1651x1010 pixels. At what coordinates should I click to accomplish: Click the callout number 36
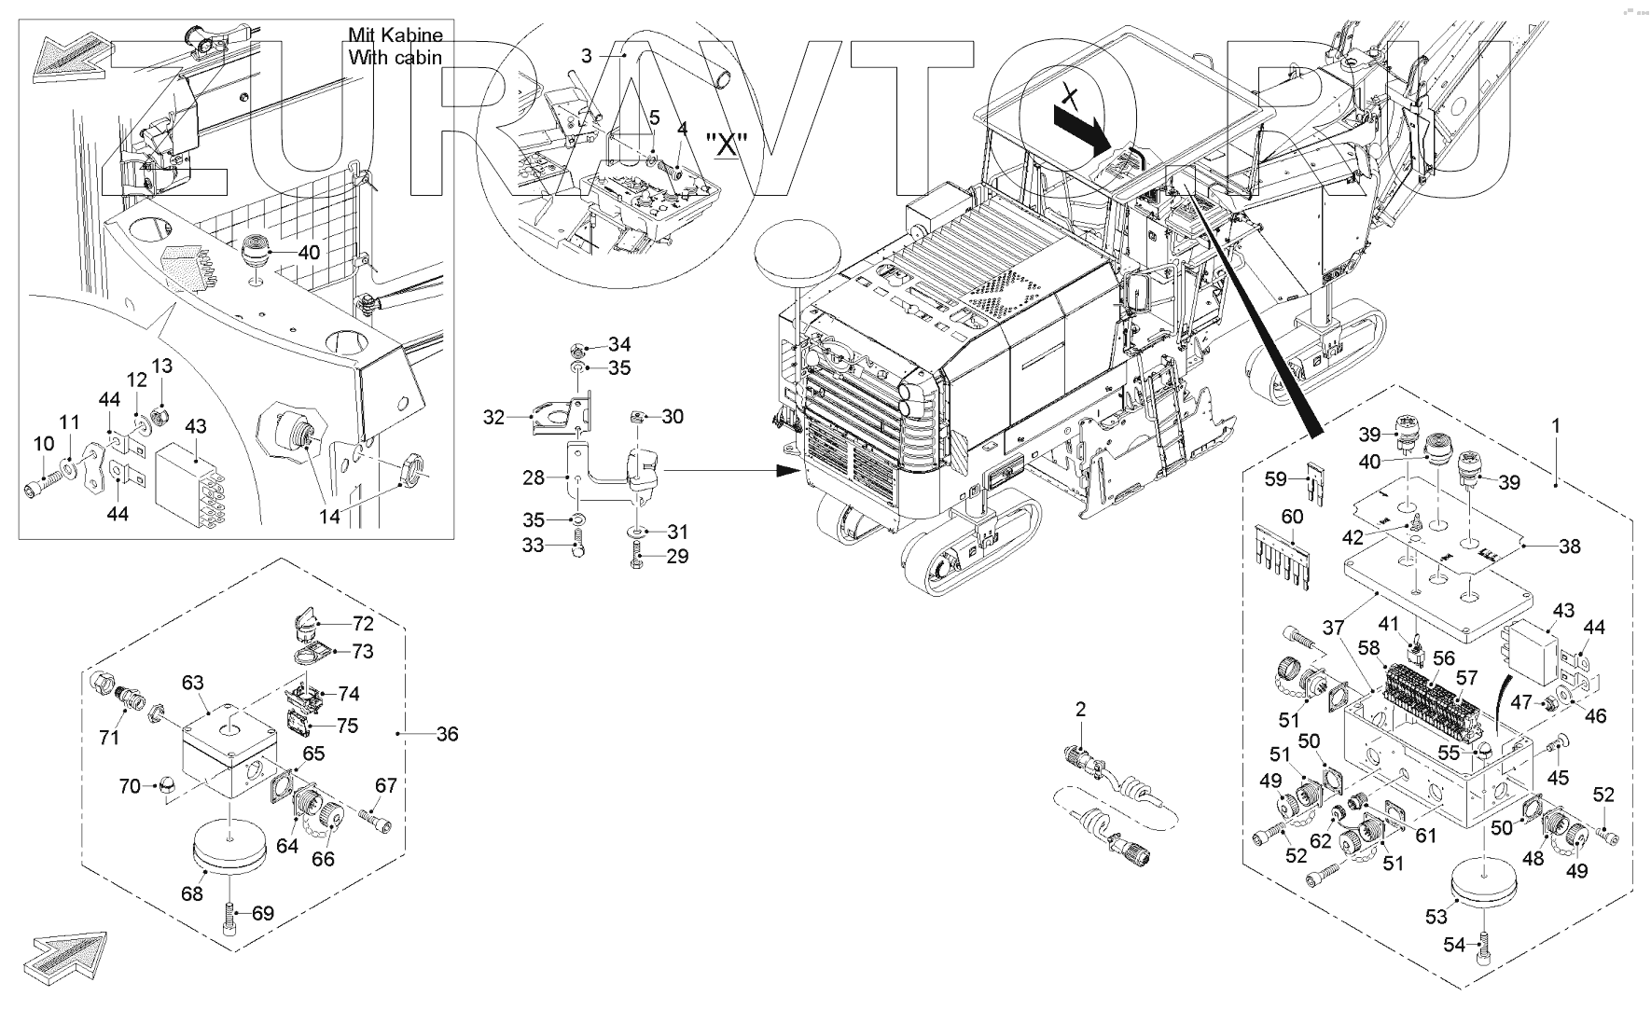tap(448, 735)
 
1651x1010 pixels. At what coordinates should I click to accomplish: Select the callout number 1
tap(1555, 425)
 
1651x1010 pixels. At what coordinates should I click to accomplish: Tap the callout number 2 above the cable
tap(1080, 710)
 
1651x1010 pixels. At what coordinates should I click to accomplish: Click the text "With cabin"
tap(395, 58)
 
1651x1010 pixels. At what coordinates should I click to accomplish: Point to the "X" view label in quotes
tap(728, 145)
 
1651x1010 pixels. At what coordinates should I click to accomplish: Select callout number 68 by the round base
tap(192, 894)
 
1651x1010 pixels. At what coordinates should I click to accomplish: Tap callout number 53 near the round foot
tap(1436, 918)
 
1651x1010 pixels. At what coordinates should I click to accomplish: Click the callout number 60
tap(1291, 517)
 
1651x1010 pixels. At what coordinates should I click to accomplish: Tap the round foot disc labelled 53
tap(1484, 880)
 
